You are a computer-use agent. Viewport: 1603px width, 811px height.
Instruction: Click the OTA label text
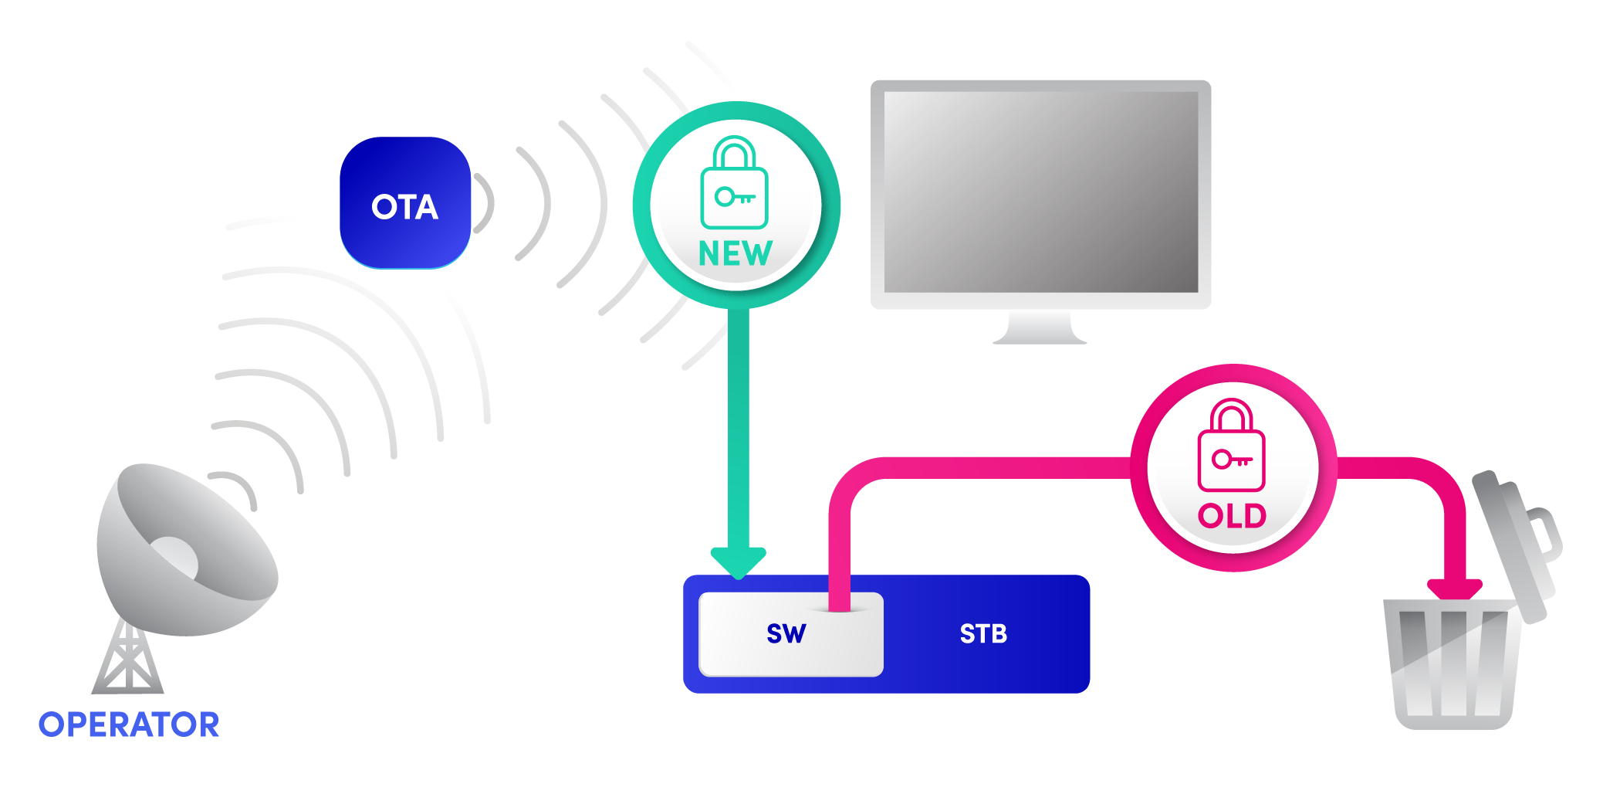(404, 207)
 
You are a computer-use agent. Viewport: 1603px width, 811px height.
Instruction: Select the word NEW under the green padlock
(735, 253)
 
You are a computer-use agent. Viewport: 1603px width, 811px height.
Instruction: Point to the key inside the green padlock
(734, 197)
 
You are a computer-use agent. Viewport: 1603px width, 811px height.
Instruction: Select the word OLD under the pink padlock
(1232, 516)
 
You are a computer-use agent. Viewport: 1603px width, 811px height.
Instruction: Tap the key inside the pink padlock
(1231, 460)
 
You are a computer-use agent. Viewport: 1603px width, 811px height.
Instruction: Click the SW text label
(786, 634)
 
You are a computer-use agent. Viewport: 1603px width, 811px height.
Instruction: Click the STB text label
(983, 634)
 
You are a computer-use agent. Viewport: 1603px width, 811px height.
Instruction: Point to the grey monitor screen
(1040, 192)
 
